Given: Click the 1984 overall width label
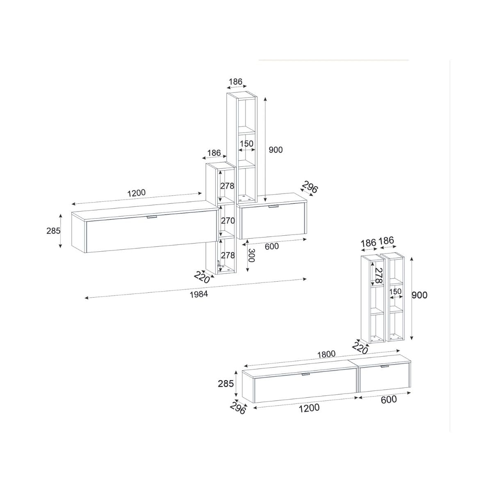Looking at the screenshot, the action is pyautogui.click(x=199, y=294).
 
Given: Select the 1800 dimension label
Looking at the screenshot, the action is pyautogui.click(x=326, y=354).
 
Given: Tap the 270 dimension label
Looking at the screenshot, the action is pyautogui.click(x=228, y=220).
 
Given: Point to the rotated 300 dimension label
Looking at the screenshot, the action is pyautogui.click(x=251, y=255).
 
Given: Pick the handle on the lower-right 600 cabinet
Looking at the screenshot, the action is pyautogui.click(x=384, y=367).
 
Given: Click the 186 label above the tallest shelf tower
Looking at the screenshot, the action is pyautogui.click(x=235, y=82).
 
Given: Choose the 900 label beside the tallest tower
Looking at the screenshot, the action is pyautogui.click(x=276, y=150).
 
